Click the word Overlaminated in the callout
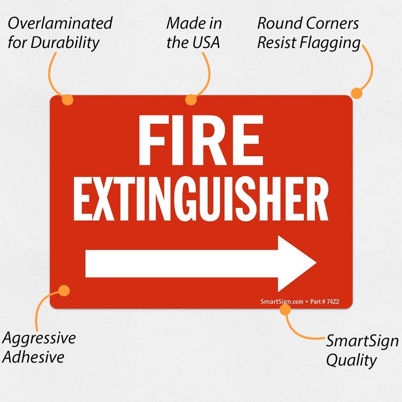(60, 24)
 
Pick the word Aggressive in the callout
(39, 338)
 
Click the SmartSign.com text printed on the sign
(282, 301)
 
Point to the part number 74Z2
(333, 301)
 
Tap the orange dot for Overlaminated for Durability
(67, 99)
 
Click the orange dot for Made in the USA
(190, 99)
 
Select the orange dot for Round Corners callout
(356, 93)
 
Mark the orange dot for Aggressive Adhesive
(64, 290)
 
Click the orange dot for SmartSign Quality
(285, 310)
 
